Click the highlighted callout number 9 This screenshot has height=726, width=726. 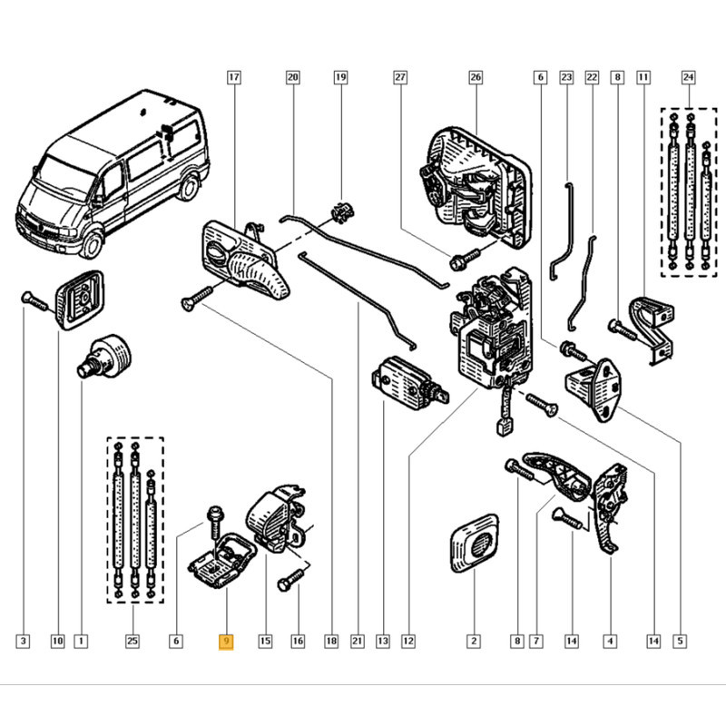pyautogui.click(x=226, y=642)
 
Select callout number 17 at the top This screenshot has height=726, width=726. pyautogui.click(x=233, y=78)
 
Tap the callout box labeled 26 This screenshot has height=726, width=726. pyautogui.click(x=475, y=78)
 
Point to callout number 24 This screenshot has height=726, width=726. pyautogui.click(x=687, y=78)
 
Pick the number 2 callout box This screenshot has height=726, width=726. pyautogui.click(x=473, y=642)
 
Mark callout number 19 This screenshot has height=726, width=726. pyautogui.click(x=340, y=78)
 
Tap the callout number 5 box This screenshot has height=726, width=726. pyautogui.click(x=679, y=642)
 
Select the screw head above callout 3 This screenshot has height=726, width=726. pyautogui.click(x=27, y=296)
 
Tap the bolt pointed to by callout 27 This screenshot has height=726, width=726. pyautogui.click(x=459, y=260)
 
